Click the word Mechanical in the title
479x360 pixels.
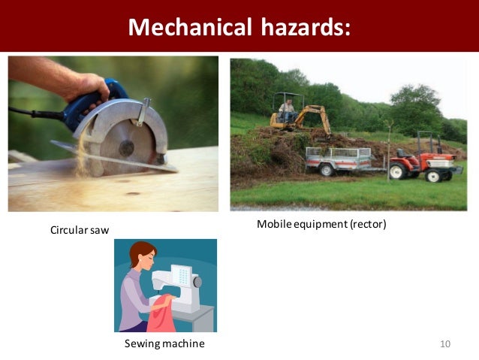point(187,27)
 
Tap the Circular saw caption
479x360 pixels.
point(79,229)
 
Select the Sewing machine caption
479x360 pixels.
point(164,343)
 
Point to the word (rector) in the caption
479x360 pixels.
point(367,224)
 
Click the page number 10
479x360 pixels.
point(444,343)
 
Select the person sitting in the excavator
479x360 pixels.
point(286,110)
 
